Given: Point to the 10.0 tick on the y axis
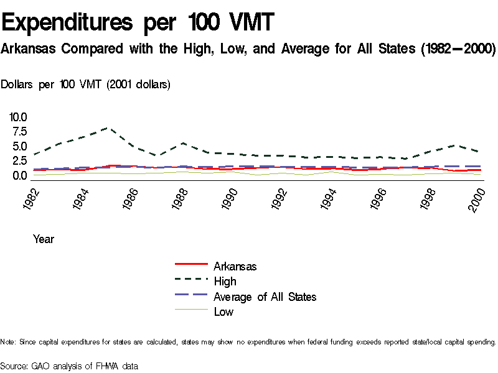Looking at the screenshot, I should pos(18,117).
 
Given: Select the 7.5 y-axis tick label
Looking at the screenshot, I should pos(18,131).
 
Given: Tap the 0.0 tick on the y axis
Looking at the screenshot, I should pos(18,175).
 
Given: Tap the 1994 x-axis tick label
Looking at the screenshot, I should pos(330,198).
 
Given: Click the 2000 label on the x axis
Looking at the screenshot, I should pos(477,198).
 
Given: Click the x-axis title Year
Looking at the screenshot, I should pos(44,239).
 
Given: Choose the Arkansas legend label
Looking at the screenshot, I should pos(235,266).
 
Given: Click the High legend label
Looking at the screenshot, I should pos(225,282).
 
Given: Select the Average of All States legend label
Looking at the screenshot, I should pos(265,297).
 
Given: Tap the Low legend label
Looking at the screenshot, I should pos(223,312).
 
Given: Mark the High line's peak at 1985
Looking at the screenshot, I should pos(109,128).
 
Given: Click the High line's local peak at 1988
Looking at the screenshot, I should pos(184,143).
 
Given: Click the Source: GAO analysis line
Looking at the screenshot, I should pos(69,366).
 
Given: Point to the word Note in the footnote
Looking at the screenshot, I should pos(8,342).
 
